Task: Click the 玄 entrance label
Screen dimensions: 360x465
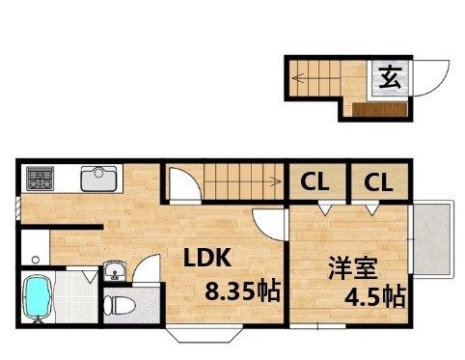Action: coord(390,76)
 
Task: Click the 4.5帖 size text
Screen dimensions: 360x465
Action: coord(374,296)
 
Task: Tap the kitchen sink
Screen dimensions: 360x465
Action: coord(98,179)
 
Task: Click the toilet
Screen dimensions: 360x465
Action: coord(120,307)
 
